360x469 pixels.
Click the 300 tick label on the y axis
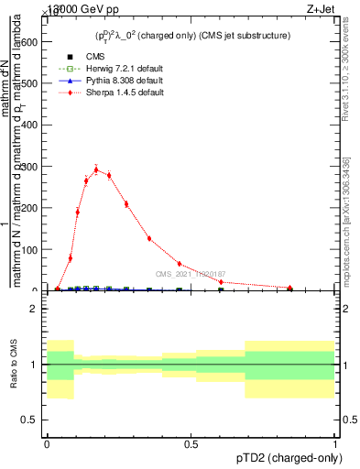coord(28,167)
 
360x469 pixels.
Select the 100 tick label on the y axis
coord(28,249)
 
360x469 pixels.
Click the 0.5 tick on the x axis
coord(191,444)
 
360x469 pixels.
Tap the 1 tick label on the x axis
coord(335,444)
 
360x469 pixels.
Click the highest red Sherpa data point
coord(96,169)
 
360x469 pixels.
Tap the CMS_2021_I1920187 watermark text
coord(190,274)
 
